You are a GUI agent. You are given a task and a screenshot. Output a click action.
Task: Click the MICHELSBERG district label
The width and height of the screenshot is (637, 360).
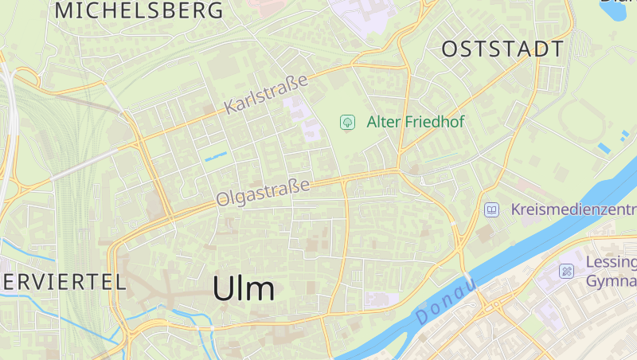pyautogui.click(x=139, y=11)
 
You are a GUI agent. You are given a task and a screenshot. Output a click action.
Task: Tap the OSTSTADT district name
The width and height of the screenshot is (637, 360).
pyautogui.click(x=502, y=49)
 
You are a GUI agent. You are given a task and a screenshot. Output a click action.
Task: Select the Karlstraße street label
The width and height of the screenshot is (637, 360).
pyautogui.click(x=265, y=95)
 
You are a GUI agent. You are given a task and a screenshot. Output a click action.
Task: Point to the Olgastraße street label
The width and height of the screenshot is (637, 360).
pyautogui.click(x=262, y=194)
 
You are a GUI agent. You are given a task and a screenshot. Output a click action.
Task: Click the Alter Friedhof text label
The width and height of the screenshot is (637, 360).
pyautogui.click(x=415, y=122)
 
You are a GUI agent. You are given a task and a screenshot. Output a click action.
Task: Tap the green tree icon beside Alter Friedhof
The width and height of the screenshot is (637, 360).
pyautogui.click(x=347, y=122)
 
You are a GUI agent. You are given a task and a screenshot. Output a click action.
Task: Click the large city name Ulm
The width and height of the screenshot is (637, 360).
pyautogui.click(x=244, y=288)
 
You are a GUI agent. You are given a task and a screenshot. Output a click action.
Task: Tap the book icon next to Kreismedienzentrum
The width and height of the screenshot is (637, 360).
pyautogui.click(x=492, y=209)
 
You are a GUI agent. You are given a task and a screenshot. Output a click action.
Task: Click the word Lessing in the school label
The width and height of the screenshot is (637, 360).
pyautogui.click(x=611, y=262)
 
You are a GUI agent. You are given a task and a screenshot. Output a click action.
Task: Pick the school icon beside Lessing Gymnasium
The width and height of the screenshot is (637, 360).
pyautogui.click(x=567, y=271)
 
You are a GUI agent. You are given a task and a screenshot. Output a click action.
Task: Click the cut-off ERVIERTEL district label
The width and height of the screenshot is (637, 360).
pyautogui.click(x=63, y=281)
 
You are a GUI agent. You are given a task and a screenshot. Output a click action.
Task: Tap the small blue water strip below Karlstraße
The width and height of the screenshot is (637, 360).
pyautogui.click(x=216, y=157)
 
